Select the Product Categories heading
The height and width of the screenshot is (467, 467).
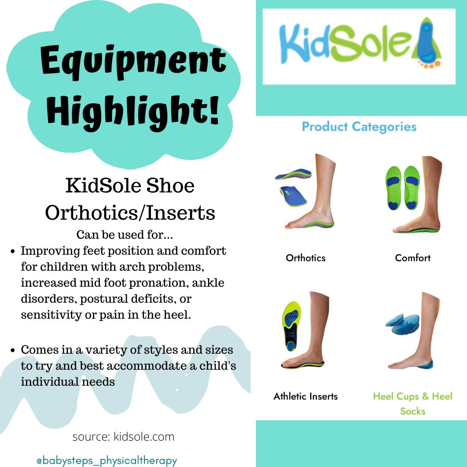point(359,127)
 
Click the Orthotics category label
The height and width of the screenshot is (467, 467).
point(305,258)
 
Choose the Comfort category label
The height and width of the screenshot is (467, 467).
point(413,258)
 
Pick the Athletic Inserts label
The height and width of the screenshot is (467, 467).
point(305,396)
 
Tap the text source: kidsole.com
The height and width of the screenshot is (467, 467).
point(123,437)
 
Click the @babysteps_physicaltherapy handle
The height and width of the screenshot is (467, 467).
point(107,461)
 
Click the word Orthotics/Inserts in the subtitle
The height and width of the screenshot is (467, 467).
point(130,213)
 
